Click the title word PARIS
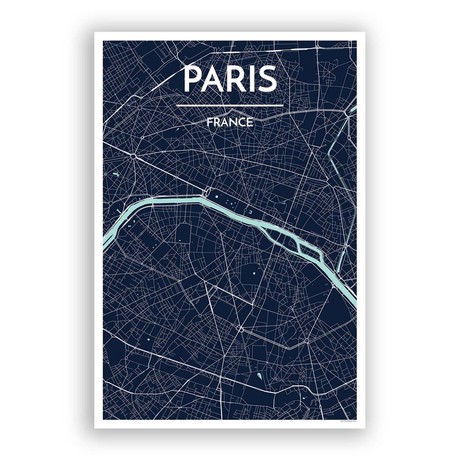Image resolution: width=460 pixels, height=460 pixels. (x=230, y=80)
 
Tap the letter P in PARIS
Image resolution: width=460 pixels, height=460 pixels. (x=191, y=80)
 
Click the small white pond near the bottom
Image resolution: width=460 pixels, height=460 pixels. (x=259, y=378)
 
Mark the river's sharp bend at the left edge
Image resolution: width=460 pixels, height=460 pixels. (x=108, y=241)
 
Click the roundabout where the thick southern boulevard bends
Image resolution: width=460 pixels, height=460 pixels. (x=241, y=329)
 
